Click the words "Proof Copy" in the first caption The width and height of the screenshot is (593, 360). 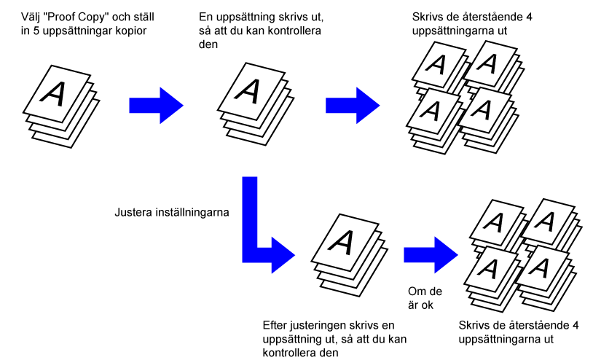74,17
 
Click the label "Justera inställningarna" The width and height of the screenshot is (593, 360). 172,213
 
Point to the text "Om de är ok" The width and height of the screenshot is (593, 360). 425,298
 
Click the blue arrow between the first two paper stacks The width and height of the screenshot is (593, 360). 156,106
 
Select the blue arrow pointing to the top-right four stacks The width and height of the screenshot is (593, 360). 353,106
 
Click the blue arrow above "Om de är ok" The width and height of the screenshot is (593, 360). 431,255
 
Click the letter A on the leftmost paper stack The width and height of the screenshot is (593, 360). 53,93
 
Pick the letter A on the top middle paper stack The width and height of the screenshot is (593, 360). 248,91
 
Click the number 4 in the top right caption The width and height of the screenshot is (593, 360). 529,17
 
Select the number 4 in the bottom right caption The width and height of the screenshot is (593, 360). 576,326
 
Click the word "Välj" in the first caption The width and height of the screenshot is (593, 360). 31,17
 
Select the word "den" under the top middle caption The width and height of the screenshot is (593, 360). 208,44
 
